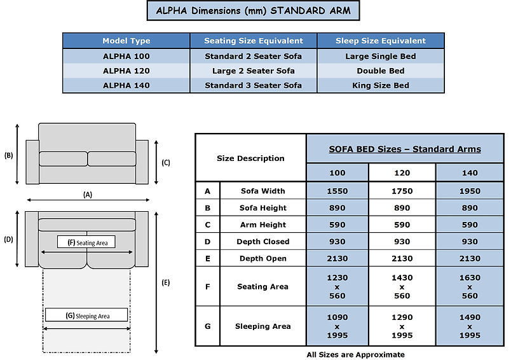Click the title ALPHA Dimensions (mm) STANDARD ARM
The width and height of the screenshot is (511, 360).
click(253, 11)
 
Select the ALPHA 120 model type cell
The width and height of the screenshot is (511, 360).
click(126, 71)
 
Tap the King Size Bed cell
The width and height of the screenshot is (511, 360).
click(380, 85)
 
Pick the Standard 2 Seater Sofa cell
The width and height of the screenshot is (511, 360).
click(253, 57)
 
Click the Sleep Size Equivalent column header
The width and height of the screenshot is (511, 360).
click(381, 41)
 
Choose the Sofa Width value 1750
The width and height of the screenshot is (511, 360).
click(402, 191)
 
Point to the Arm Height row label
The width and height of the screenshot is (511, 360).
click(263, 225)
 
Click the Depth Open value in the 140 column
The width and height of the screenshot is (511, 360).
click(470, 259)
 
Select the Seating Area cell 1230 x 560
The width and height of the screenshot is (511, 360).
click(337, 287)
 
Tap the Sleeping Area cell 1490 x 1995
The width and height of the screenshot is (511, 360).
click(470, 326)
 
